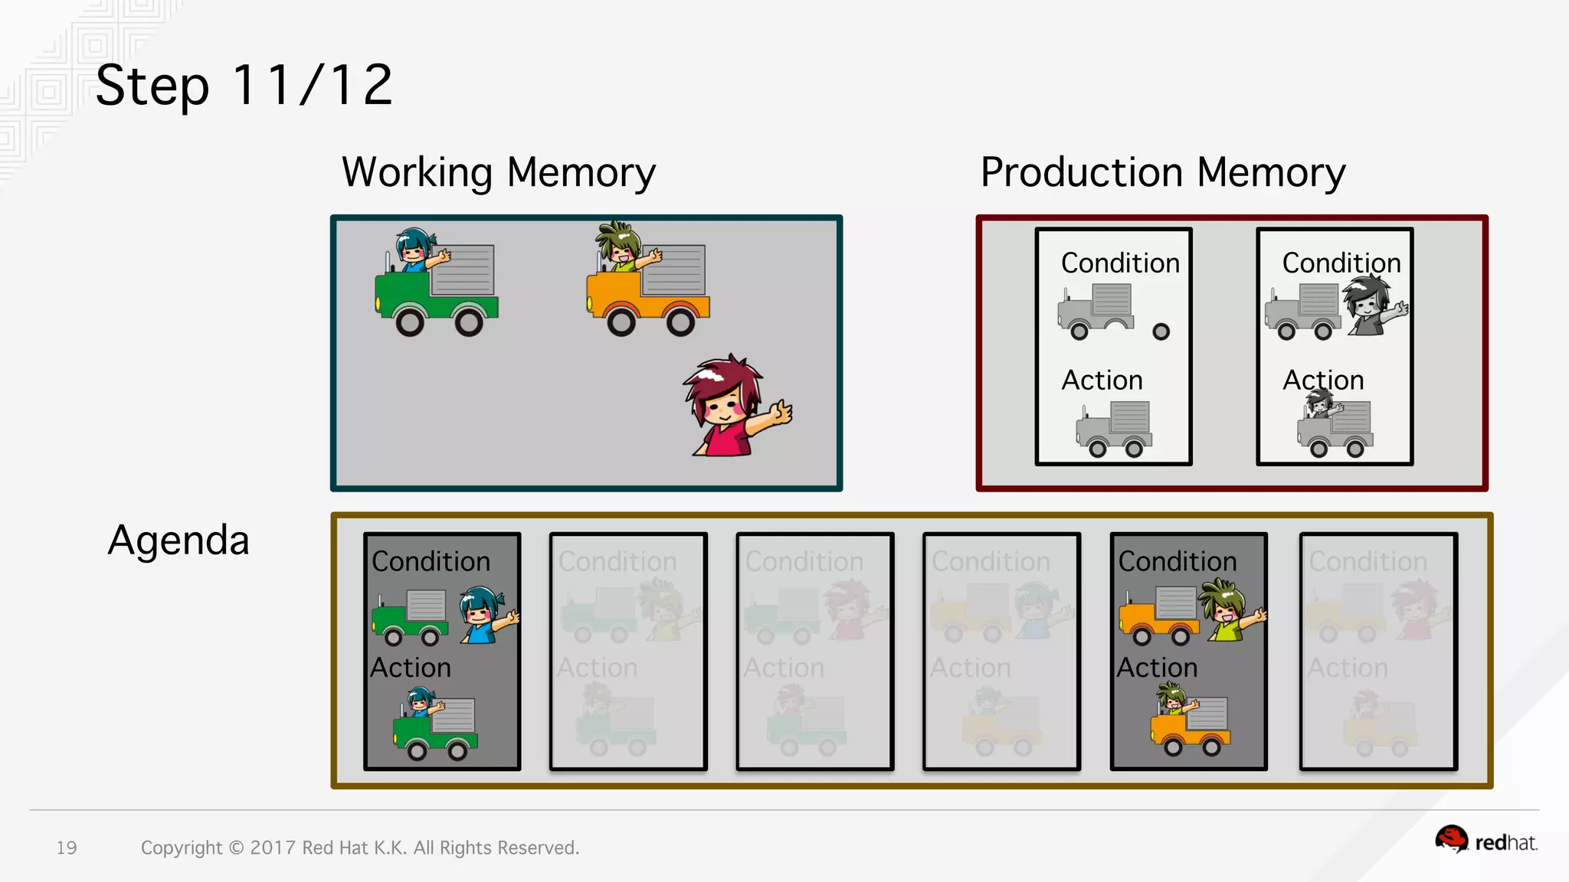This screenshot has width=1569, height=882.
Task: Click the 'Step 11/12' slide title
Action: (x=244, y=85)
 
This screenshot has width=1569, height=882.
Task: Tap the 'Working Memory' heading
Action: (x=499, y=172)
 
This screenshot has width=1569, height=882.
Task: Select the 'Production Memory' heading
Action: (x=1162, y=172)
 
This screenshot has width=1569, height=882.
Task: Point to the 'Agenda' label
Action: (x=179, y=541)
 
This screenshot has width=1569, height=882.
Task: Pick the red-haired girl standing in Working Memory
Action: (x=732, y=406)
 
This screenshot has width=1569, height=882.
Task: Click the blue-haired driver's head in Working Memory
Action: (x=414, y=246)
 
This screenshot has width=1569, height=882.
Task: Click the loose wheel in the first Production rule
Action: (x=1161, y=332)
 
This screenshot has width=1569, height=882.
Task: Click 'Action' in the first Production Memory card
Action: (x=1102, y=381)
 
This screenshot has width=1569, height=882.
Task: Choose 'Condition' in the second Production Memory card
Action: (x=1341, y=263)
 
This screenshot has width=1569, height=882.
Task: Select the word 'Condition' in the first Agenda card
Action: (x=431, y=562)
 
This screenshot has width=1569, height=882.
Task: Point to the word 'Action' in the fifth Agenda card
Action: (x=1157, y=668)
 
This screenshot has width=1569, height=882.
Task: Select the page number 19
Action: (x=67, y=848)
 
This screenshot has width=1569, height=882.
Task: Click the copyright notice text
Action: (x=360, y=848)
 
